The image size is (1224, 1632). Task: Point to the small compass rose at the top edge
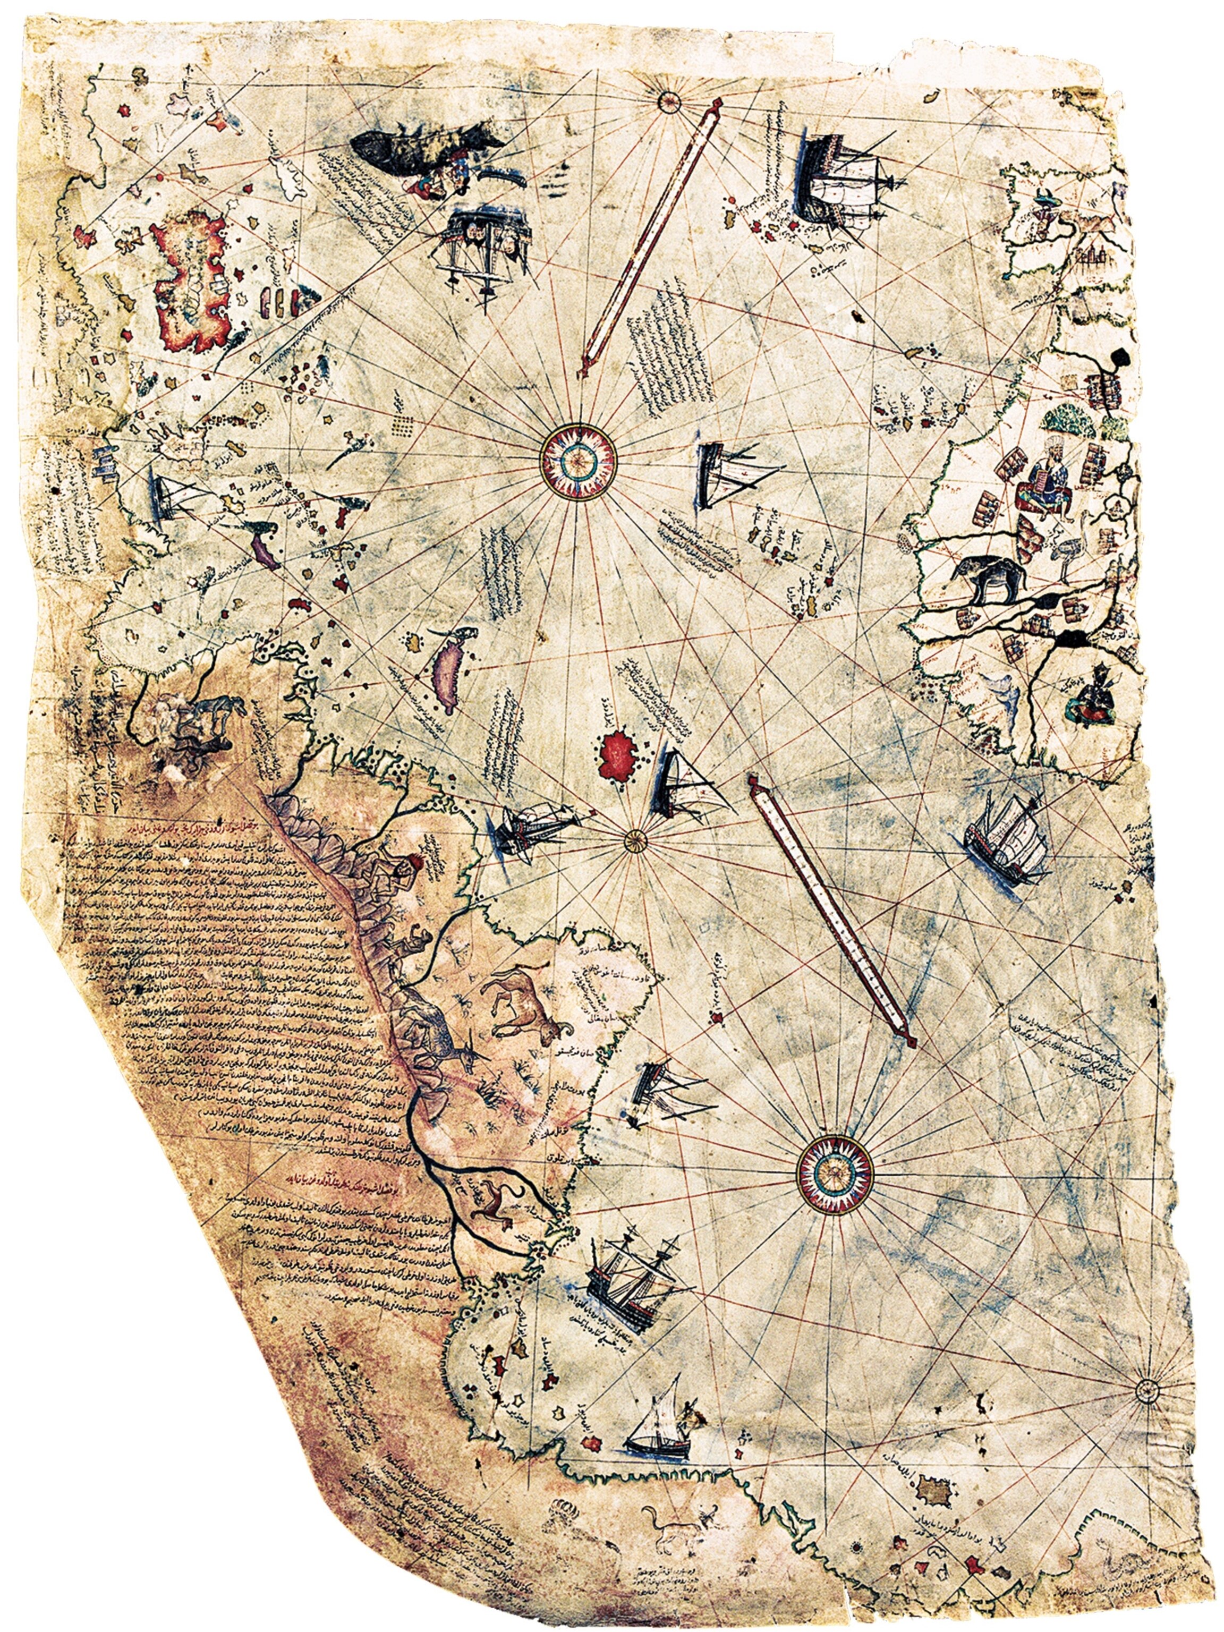tap(669, 100)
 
